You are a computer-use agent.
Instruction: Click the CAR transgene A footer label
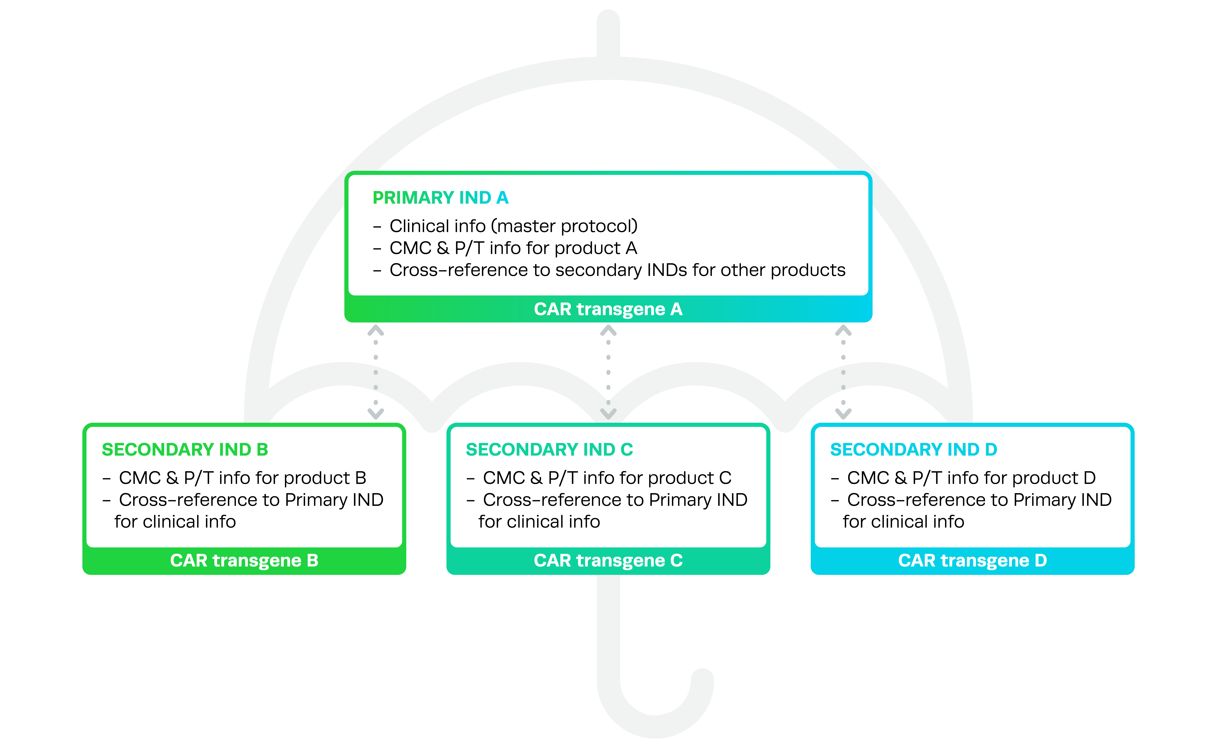(608, 309)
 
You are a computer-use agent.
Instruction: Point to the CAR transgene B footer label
(244, 561)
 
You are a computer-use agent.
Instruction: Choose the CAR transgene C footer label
(608, 561)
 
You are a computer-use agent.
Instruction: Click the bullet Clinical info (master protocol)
(513, 226)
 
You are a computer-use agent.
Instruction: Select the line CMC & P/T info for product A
(513, 248)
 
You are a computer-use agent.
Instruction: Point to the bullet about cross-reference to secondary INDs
(617, 270)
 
